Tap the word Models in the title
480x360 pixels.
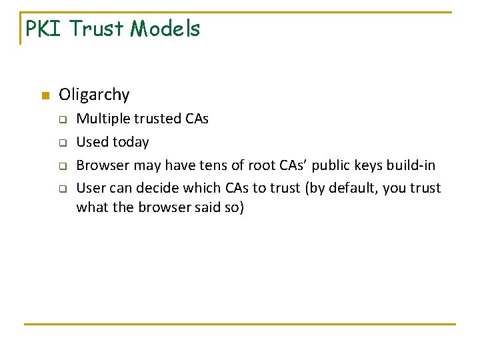165,29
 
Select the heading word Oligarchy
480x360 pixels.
94,95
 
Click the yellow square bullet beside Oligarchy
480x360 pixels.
45,95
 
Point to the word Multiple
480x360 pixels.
101,119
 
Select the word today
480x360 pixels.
131,142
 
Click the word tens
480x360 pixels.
213,165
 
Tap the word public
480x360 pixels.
333,165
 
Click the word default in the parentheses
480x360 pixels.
351,189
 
